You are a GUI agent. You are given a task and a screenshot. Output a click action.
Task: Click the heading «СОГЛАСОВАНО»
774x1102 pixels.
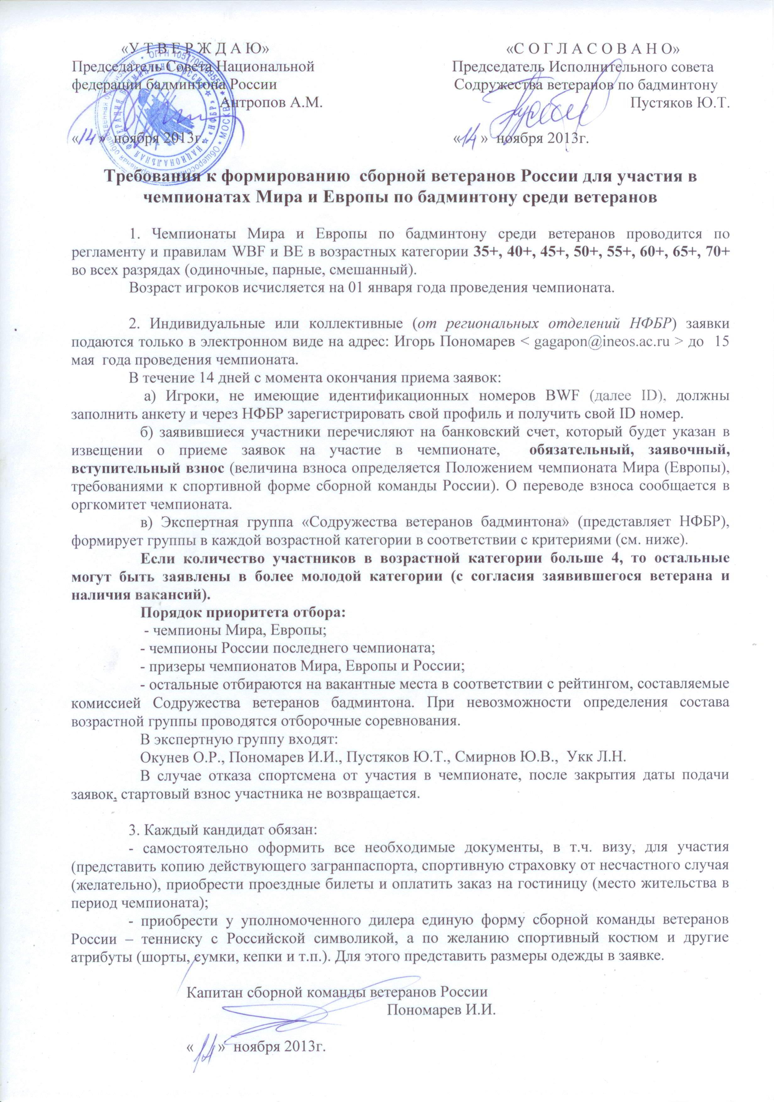pos(593,48)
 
